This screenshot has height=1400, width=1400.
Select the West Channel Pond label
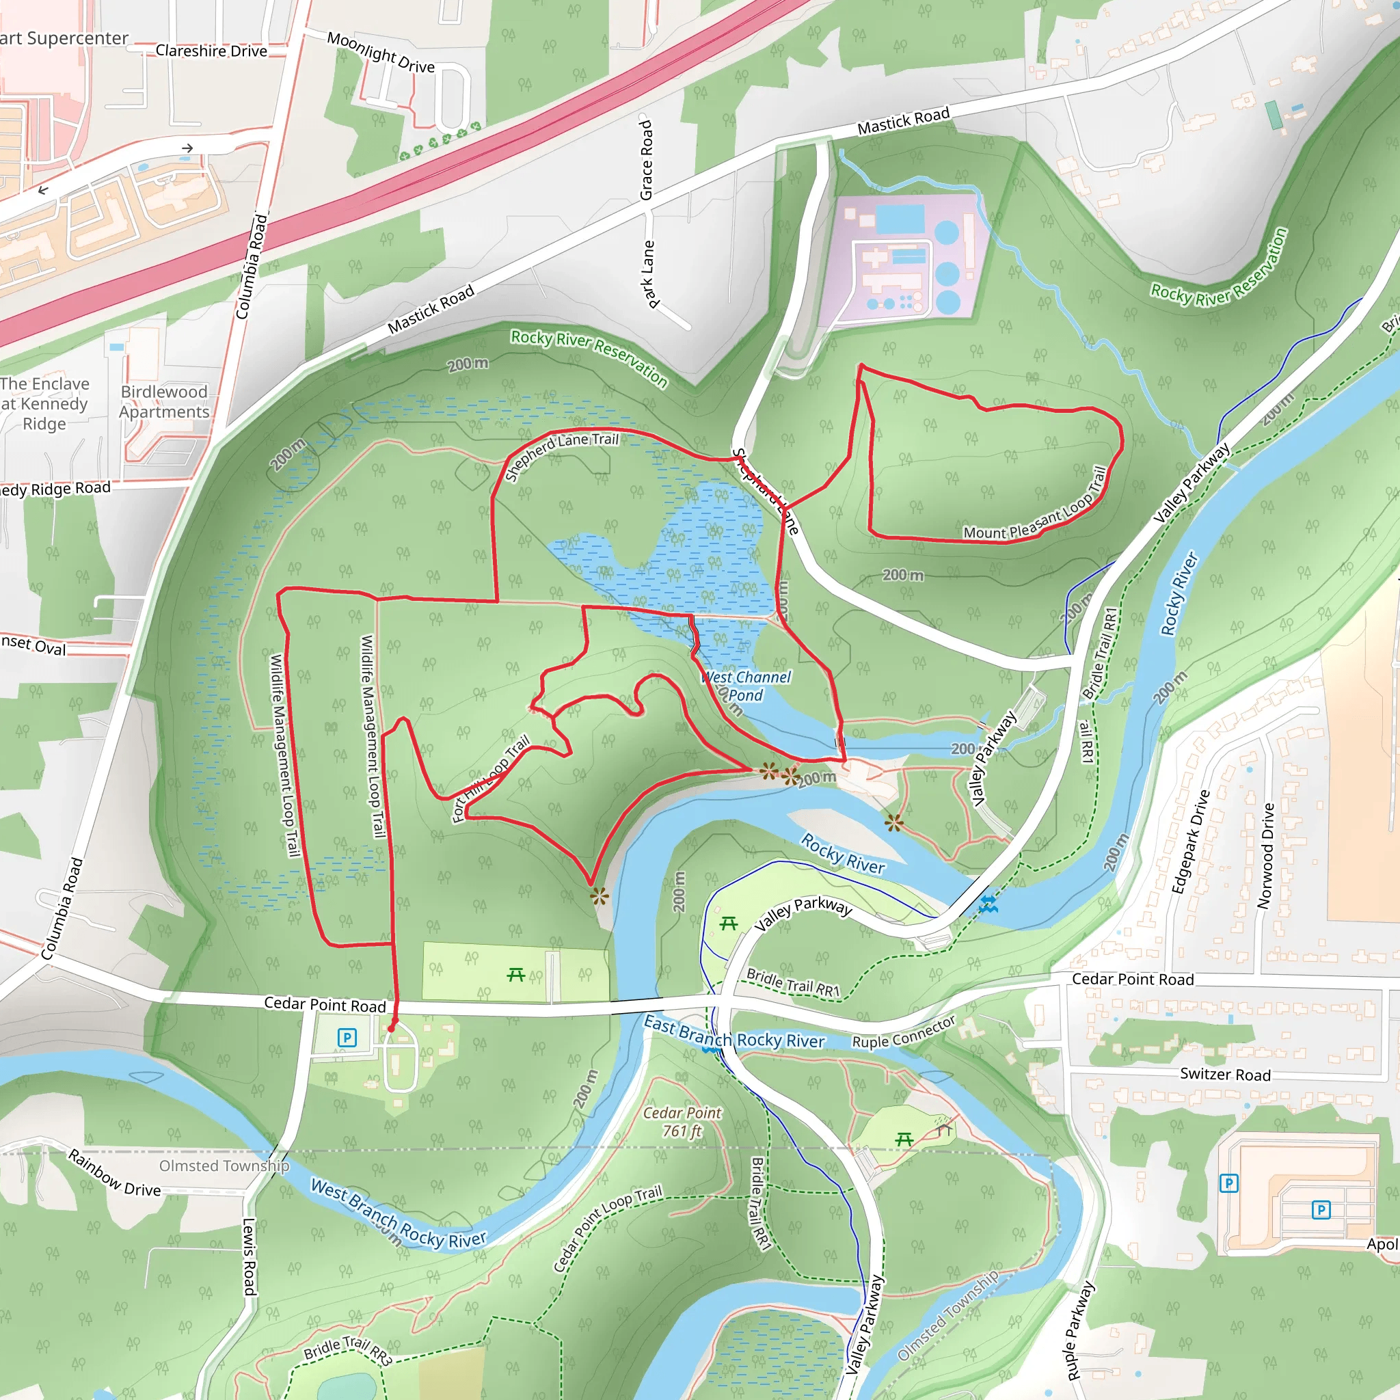click(746, 686)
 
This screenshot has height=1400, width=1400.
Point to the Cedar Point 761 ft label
click(682, 1122)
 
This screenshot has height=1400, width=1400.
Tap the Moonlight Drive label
click(381, 52)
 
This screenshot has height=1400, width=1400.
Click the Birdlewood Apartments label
click(164, 401)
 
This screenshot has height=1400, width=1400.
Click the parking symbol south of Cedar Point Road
click(347, 1038)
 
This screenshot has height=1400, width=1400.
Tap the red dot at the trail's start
click(392, 1027)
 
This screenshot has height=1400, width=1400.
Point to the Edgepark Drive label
click(1192, 842)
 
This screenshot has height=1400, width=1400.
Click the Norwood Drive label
click(1265, 856)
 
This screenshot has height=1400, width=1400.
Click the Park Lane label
click(649, 274)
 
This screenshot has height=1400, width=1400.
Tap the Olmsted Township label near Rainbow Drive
click(224, 1166)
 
